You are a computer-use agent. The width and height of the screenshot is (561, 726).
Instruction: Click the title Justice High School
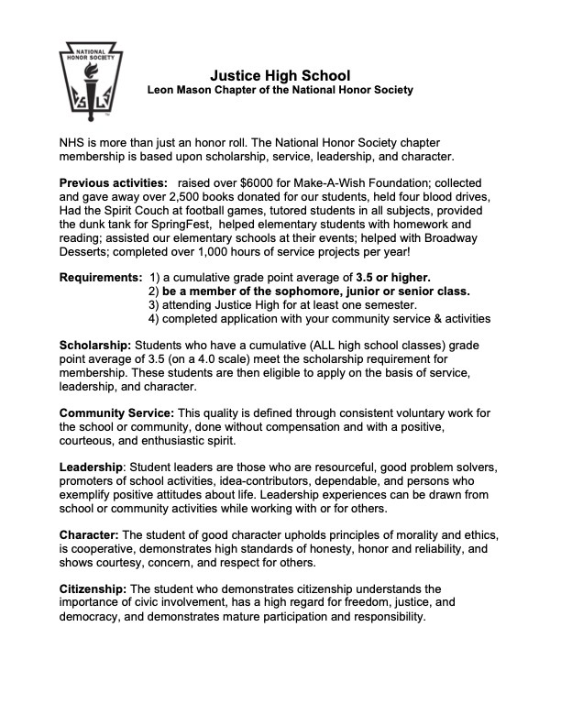click(280, 73)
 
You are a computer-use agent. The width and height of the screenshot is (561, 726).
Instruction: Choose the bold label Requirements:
click(100, 277)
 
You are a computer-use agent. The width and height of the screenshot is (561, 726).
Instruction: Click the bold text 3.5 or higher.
click(393, 277)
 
